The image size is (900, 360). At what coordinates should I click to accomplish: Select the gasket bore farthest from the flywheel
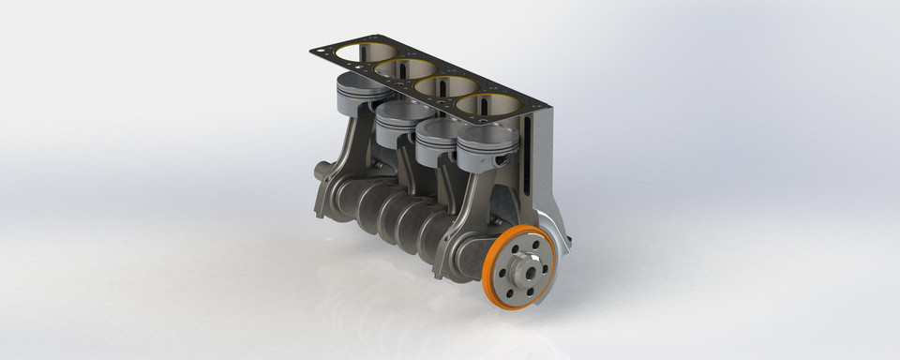coord(366,52)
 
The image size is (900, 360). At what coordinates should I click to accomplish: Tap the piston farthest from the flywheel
coord(362,93)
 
